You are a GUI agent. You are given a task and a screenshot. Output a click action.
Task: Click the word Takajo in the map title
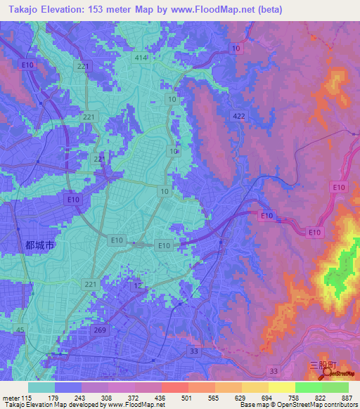22,9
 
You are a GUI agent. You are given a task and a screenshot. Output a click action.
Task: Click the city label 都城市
39,245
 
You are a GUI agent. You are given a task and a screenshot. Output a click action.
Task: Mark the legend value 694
243,398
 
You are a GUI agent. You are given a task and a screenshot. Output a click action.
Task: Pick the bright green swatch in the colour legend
309,387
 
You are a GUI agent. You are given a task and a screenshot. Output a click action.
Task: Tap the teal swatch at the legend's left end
41,387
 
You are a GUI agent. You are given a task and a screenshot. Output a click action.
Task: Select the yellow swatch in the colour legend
282,387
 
